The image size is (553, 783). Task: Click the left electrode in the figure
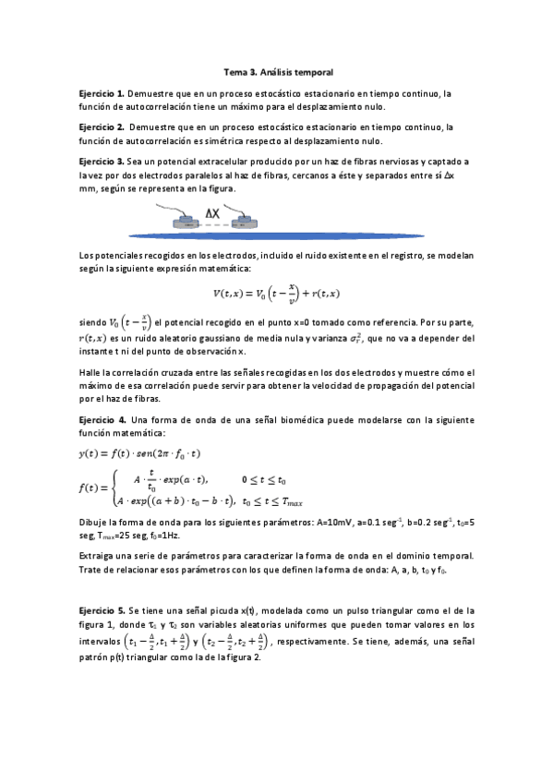tap(184, 223)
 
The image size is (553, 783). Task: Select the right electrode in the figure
tap(244, 222)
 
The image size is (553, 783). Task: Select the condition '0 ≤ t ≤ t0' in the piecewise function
tap(264, 480)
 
